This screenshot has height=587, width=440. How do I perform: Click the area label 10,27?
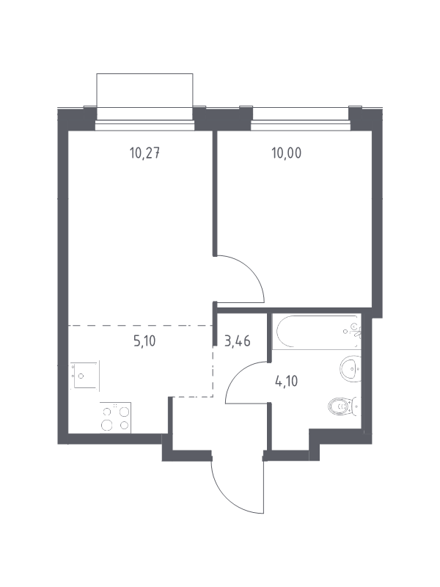[144, 153]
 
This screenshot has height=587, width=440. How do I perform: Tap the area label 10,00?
[286, 153]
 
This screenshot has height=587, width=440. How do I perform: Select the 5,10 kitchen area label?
[144, 341]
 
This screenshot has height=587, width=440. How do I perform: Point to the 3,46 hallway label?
[237, 341]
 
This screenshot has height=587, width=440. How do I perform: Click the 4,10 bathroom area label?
[286, 382]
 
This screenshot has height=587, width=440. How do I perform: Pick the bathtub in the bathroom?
[317, 332]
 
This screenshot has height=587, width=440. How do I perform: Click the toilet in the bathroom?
[344, 406]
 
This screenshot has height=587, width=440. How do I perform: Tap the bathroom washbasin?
[351, 368]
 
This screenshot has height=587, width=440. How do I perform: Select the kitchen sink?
[85, 376]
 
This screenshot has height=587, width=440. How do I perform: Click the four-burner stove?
[115, 418]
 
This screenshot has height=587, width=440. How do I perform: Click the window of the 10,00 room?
[301, 125]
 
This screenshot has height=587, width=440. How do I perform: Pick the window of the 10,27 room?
[144, 125]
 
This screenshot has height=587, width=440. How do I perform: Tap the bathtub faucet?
[353, 331]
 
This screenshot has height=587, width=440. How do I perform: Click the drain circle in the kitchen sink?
[81, 376]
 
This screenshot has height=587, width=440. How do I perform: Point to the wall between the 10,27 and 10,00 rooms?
[215, 193]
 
